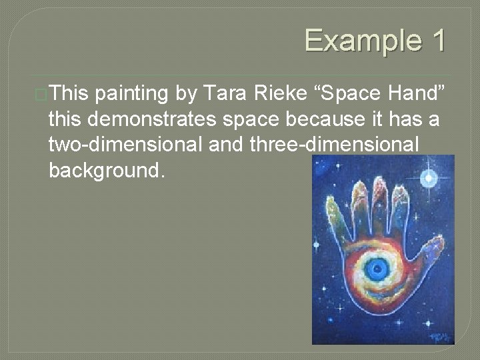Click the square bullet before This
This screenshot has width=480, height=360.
[x=41, y=95]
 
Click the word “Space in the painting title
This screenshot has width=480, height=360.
[x=349, y=94]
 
